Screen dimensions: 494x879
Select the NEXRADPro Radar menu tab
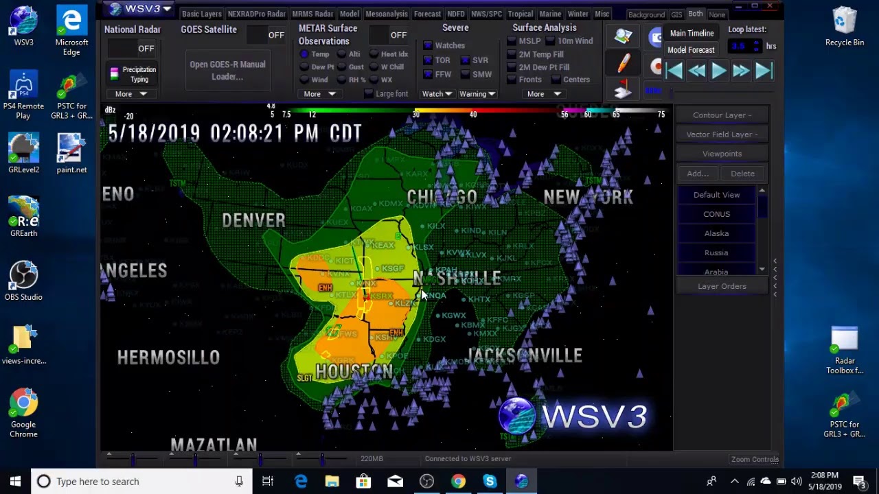256,14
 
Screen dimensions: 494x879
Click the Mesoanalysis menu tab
387,14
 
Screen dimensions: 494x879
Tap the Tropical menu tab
520,14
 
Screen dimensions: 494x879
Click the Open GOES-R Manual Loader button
227,70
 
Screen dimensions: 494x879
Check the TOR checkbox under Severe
428,60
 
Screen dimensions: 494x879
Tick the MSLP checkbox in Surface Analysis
512,41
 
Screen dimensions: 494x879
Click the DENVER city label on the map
253,220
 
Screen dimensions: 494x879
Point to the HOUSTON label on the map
354,372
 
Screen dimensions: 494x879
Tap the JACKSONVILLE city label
525,355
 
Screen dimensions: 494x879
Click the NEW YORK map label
588,198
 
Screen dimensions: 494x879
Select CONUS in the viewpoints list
716,214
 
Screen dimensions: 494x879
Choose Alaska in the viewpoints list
716,233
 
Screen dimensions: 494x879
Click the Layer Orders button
722,286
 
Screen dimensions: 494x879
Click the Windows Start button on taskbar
15,481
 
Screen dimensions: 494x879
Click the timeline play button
718,71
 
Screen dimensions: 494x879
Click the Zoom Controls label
755,459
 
